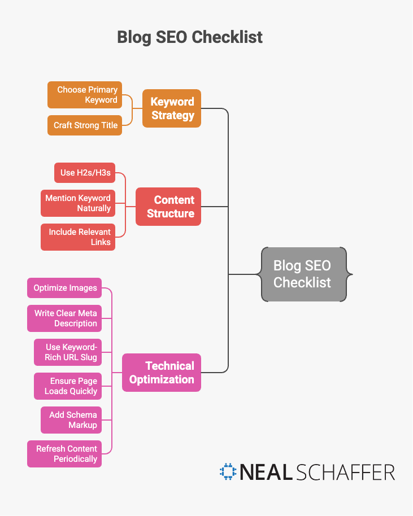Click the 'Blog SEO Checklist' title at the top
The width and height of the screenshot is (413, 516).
click(x=190, y=37)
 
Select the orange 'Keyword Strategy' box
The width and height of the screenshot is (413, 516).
click(x=172, y=108)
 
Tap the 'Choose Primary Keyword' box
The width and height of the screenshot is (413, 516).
click(x=85, y=95)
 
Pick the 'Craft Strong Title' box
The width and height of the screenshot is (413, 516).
click(x=85, y=125)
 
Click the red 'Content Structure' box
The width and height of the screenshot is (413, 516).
click(x=168, y=207)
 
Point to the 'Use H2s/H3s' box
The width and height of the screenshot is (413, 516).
click(x=85, y=173)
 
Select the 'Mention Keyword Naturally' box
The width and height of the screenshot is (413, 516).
click(x=78, y=203)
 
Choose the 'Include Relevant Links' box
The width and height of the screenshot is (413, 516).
click(x=78, y=237)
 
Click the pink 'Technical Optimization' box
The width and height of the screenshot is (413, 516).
click(x=162, y=373)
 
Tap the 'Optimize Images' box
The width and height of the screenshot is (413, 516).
click(x=64, y=288)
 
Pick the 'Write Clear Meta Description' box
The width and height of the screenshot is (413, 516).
click(x=64, y=318)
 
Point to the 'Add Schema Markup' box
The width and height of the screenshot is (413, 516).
click(x=71, y=420)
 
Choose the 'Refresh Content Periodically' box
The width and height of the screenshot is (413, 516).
click(x=64, y=454)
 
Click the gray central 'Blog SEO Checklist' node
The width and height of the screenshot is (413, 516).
click(x=303, y=274)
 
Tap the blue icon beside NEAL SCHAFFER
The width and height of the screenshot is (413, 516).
click(x=228, y=472)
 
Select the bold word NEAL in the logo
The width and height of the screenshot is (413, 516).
click(x=264, y=473)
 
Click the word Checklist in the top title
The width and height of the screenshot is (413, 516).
click(x=227, y=37)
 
